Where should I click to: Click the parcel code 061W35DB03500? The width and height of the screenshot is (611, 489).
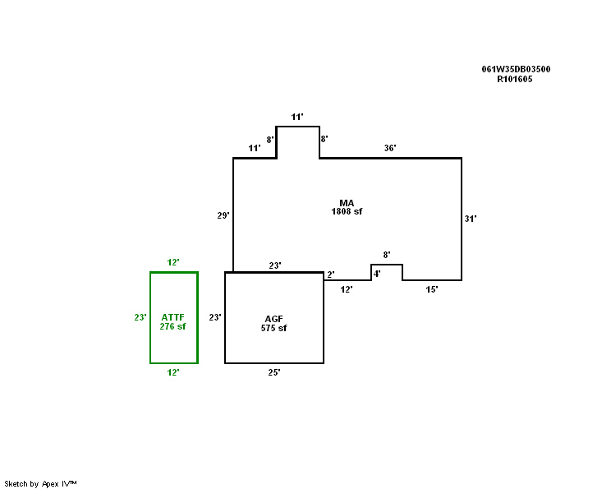point(516,69)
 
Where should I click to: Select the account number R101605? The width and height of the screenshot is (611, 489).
point(515,80)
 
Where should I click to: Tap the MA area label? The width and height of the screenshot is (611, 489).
point(347,202)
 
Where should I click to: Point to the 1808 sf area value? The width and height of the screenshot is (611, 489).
point(347,211)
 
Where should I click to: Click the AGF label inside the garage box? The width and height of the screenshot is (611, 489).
point(273,319)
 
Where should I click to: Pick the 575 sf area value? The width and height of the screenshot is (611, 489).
point(273,328)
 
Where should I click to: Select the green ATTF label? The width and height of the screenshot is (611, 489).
point(173,316)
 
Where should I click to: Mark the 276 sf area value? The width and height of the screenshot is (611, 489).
point(173,326)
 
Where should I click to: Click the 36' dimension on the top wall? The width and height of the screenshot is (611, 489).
point(390,149)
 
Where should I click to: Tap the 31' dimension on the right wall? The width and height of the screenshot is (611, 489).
point(471,219)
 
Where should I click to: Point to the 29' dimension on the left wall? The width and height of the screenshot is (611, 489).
point(223,215)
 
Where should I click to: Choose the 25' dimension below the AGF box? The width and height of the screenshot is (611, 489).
point(274,372)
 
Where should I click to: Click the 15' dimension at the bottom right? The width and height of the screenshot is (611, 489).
point(431,289)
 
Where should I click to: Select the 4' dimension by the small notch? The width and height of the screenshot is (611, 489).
point(377,273)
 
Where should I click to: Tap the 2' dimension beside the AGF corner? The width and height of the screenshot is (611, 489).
point(330,274)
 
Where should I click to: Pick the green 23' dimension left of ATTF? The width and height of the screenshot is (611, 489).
point(140,316)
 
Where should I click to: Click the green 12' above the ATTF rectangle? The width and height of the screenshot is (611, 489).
point(173,262)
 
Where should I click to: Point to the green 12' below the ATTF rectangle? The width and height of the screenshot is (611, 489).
point(173,372)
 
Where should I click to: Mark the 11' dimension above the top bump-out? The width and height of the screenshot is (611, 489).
point(297,117)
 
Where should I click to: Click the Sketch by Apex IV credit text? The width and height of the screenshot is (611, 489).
point(40,483)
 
